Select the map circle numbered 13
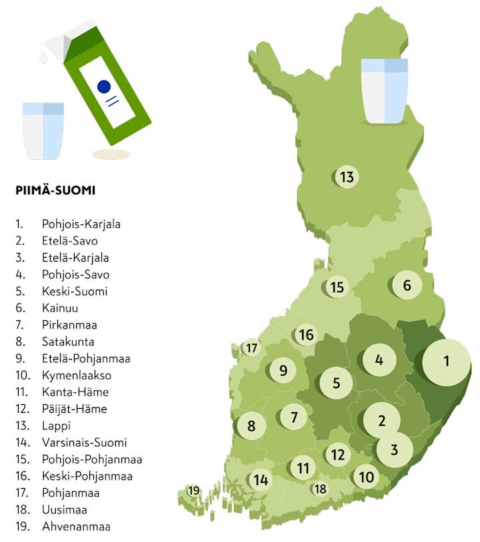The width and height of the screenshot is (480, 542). pos(346,177)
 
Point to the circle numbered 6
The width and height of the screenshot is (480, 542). pos(407,286)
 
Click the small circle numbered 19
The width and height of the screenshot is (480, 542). pos(193,491)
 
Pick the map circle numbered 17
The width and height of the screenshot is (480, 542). pos(251,348)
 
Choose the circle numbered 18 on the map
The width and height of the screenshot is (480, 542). pos(321,489)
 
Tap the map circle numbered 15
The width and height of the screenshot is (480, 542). pos(337,288)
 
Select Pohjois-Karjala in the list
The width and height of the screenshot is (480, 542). pos(81,224)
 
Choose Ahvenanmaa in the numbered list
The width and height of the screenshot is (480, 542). pos(76,527)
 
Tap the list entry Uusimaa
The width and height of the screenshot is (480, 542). pos(64,510)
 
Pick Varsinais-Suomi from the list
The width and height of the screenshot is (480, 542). pos(84,443)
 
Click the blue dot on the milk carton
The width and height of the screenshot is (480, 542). pos(103,86)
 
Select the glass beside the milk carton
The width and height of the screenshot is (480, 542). pos(43,131)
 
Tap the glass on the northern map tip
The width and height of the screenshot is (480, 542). pos(384,91)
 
